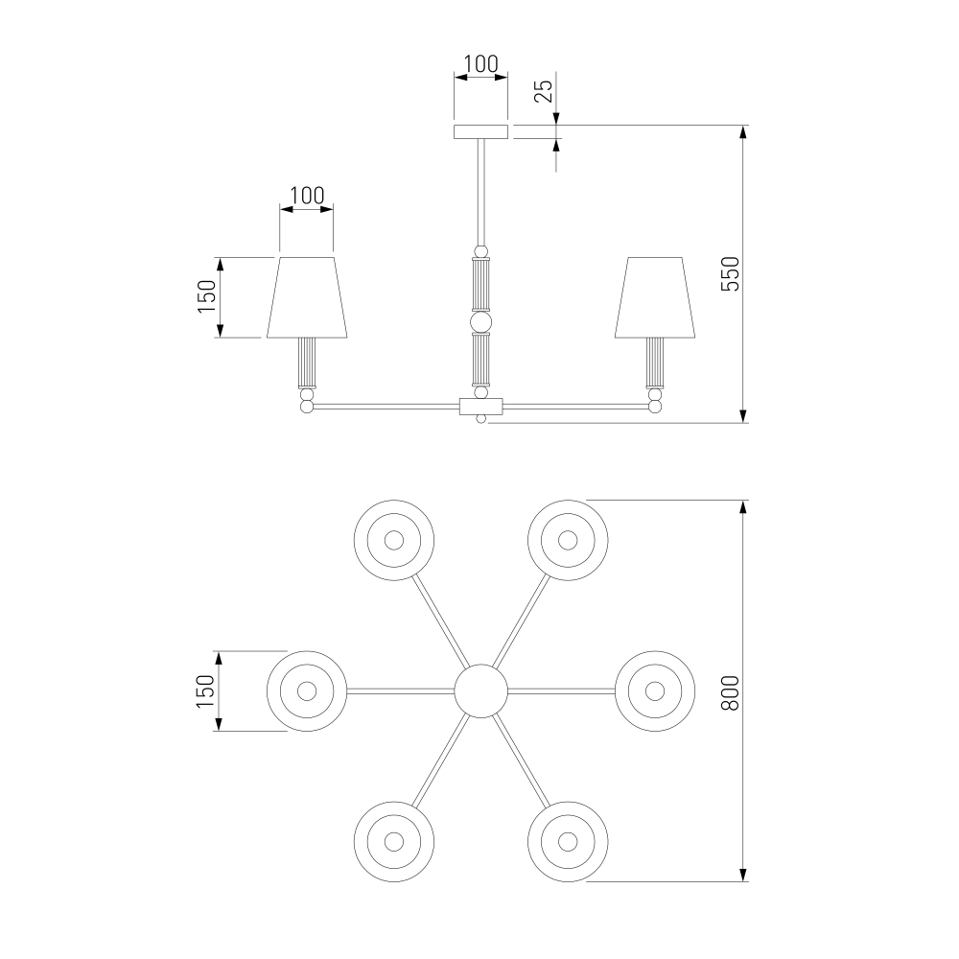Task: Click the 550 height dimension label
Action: pos(731,274)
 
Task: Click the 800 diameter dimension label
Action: pos(731,692)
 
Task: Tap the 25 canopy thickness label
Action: pos(544,91)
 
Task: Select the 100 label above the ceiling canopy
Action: pos(480,63)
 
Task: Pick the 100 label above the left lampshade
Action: pos(307,196)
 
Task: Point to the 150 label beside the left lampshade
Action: pos(207,296)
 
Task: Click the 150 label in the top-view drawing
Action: pos(207,691)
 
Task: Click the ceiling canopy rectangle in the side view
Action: pos(480,132)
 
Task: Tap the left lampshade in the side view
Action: pos(307,297)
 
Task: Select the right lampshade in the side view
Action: pos(655,297)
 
